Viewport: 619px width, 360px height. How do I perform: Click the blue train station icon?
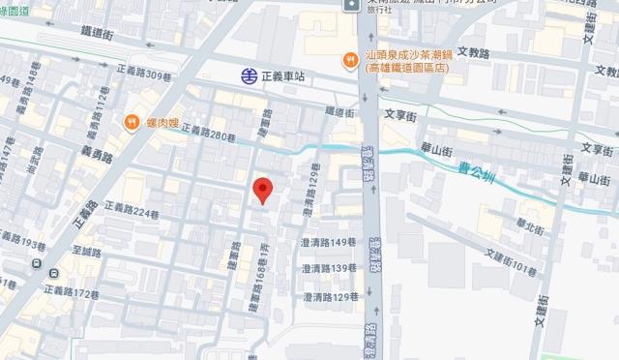(250, 75)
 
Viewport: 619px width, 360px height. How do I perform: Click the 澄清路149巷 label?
(331, 243)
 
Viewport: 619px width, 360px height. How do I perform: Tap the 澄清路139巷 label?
(331, 269)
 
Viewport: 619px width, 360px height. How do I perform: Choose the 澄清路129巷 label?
(331, 296)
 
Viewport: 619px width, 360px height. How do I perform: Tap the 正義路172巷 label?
(74, 293)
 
